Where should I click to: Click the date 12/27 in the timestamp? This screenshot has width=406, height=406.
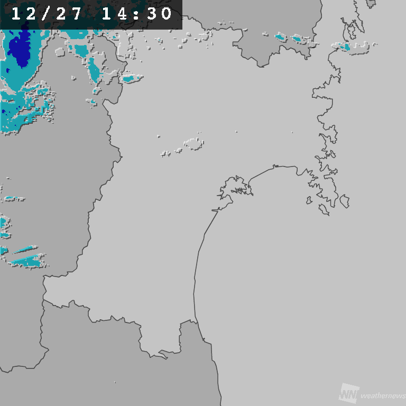pyautogui.click(x=47, y=14)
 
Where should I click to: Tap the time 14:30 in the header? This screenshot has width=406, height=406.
pyautogui.click(x=137, y=14)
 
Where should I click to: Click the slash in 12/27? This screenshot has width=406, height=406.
pyautogui.click(x=47, y=14)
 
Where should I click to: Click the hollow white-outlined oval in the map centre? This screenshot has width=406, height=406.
pyautogui.click(x=193, y=143)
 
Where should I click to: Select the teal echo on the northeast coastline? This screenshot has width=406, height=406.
pyautogui.click(x=344, y=47)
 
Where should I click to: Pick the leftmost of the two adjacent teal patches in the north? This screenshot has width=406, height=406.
pyautogui.click(x=281, y=37)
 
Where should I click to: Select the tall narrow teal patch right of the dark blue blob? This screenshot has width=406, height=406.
pyautogui.click(x=94, y=69)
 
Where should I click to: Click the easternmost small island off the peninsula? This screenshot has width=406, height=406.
pyautogui.click(x=345, y=201)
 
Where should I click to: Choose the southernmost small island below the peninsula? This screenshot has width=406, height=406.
pyautogui.click(x=324, y=209)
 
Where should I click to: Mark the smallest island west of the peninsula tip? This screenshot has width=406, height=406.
pyautogui.click(x=309, y=200)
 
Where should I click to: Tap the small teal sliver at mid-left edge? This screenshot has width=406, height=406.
pyautogui.click(x=14, y=199)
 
